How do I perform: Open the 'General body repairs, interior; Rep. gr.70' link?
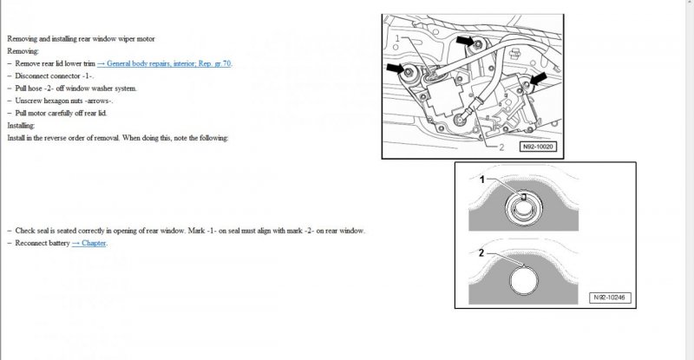click(x=164, y=63)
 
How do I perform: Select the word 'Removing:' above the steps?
click(x=23, y=51)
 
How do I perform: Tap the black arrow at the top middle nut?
click(x=468, y=42)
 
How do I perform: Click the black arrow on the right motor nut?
click(x=539, y=79)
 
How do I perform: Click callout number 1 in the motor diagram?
click(x=396, y=39)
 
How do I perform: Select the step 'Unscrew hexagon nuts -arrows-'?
click(x=65, y=101)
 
